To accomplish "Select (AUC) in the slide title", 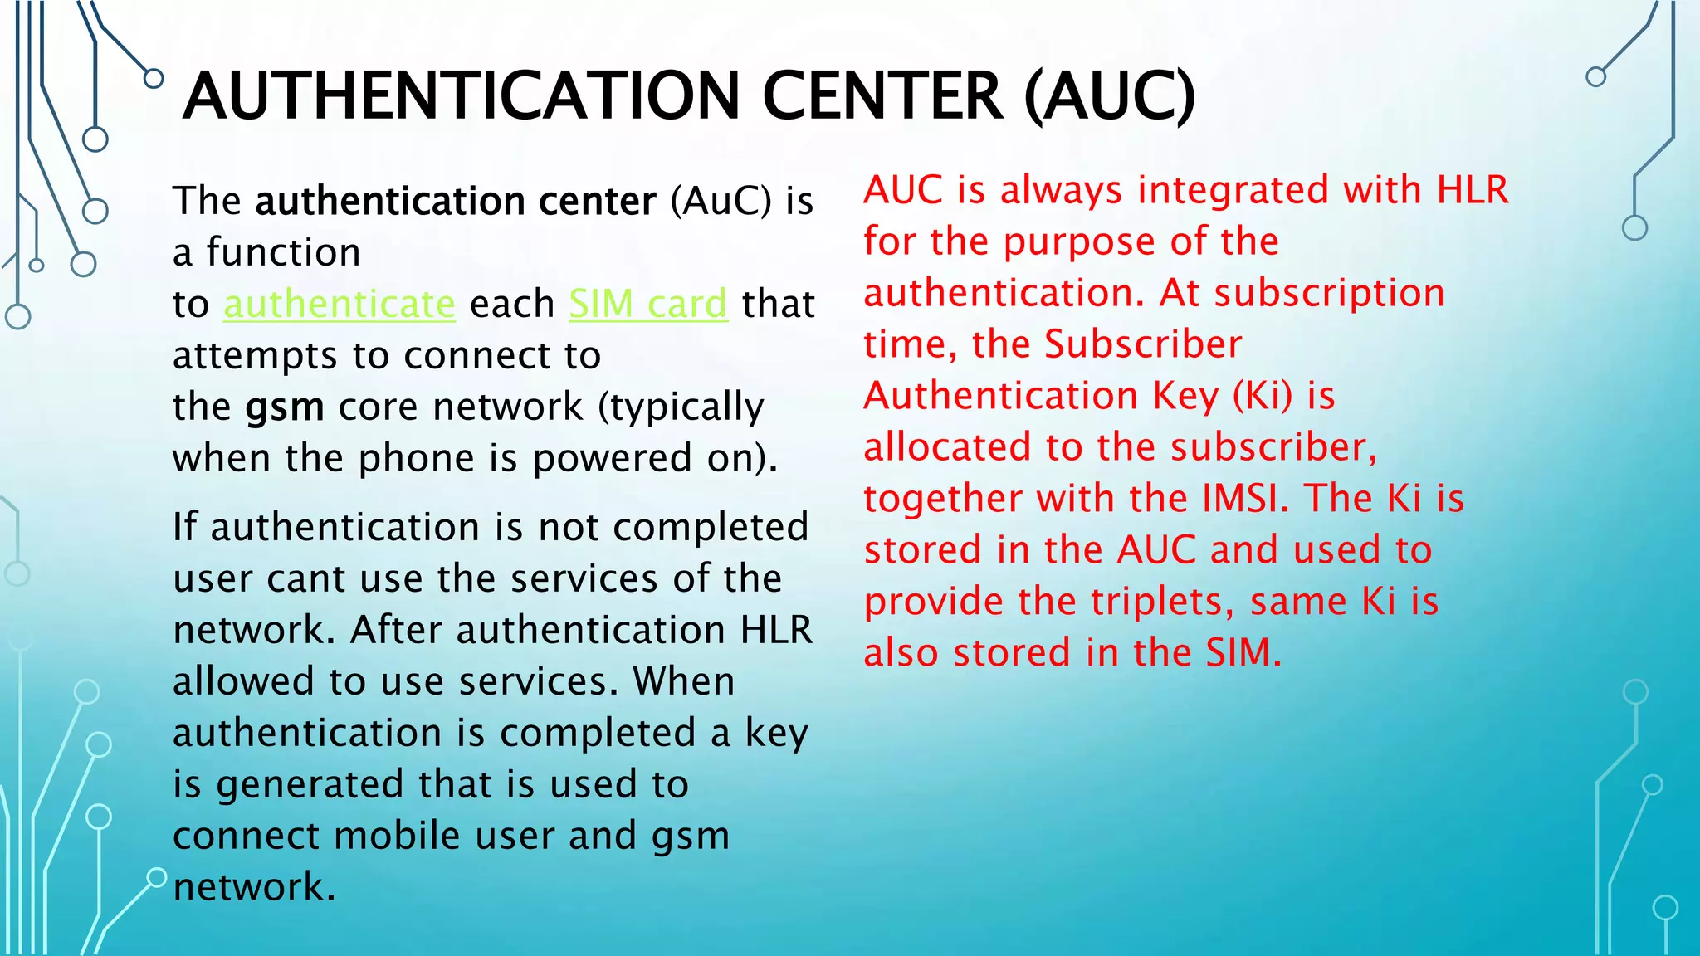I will [x=1110, y=97].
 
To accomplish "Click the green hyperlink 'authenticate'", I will [x=340, y=304].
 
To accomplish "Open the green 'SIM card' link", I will [x=648, y=304].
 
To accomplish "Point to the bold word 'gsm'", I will [x=284, y=407].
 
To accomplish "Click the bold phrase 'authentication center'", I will [x=456, y=201].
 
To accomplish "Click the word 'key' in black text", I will [x=776, y=734].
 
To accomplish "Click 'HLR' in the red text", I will [x=1473, y=190].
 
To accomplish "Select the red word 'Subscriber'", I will [x=1143, y=344].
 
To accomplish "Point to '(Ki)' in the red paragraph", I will [x=1263, y=396].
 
